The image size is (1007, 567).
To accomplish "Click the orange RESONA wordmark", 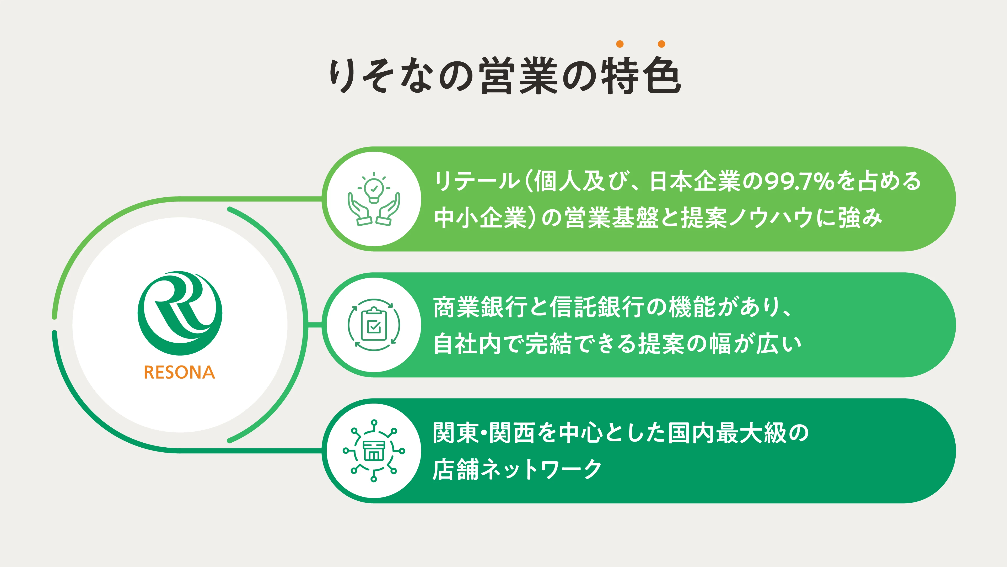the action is click(x=179, y=372).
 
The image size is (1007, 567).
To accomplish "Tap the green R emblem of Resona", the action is click(x=180, y=313).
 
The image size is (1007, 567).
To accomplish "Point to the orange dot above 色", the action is click(x=661, y=44).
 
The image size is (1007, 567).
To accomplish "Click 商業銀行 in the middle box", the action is click(x=480, y=307).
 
